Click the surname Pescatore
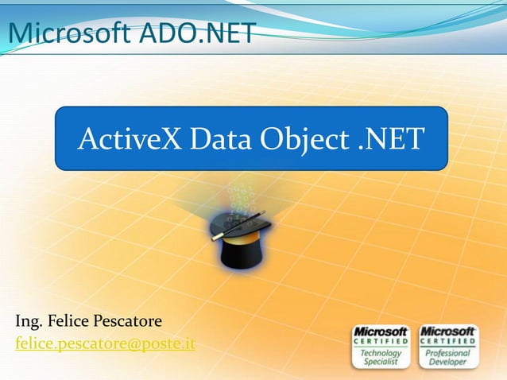tap(130, 322)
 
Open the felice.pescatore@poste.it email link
tap(105, 343)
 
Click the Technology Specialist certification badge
tap(381, 346)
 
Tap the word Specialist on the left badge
tap(381, 361)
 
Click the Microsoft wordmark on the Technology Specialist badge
tap(381, 331)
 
